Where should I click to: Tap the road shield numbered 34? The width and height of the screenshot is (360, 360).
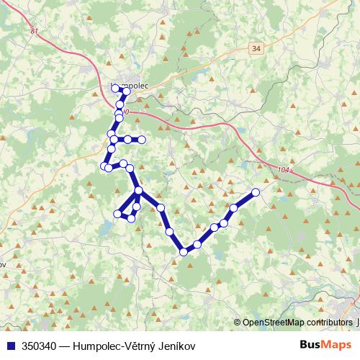coord(257,48)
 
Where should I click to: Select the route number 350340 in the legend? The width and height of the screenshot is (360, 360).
coord(42,346)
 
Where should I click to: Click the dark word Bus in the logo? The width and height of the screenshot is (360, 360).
coord(310,346)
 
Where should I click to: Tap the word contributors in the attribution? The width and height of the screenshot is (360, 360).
coord(330,323)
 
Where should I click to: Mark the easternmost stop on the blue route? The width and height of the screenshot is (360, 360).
coord(255,192)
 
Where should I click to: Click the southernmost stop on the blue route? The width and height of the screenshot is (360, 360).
coord(184,251)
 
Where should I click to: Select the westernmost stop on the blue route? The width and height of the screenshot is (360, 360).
coord(103,167)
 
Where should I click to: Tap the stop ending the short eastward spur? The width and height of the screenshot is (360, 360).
coord(142,139)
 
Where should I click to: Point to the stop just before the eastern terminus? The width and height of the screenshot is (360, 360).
coord(233,208)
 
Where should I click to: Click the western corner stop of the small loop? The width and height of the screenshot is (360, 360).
coord(118,213)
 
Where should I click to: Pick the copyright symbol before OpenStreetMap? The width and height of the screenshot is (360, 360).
coord(238,323)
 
